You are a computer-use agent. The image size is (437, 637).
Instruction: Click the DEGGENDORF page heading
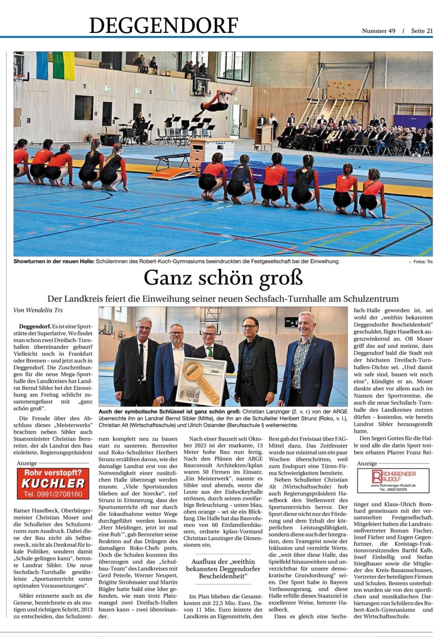coord(164,25)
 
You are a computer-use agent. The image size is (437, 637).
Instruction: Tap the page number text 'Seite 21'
coord(422,31)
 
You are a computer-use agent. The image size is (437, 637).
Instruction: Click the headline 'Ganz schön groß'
coord(223,278)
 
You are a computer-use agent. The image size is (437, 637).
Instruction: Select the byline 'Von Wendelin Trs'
coord(38,310)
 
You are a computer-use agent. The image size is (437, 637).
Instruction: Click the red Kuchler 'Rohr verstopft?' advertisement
coord(53,483)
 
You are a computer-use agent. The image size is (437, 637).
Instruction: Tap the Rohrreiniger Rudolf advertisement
coord(393,480)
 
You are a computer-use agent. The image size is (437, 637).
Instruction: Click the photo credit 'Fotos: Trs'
coord(423,261)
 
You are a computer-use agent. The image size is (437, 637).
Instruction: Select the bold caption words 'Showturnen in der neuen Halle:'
coord(54,261)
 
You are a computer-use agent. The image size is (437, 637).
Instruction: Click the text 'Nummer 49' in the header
coord(378,31)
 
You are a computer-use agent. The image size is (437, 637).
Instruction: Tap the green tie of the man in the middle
coord(209,352)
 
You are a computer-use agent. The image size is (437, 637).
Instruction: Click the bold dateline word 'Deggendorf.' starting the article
coord(35,327)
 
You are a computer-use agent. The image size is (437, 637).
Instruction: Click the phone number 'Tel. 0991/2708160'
coord(53,494)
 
